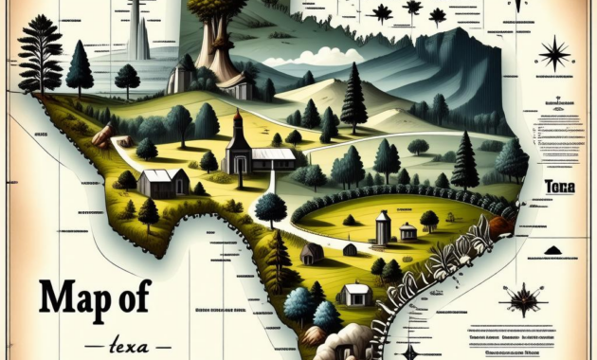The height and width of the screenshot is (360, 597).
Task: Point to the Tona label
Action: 560,188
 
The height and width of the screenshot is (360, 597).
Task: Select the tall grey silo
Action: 383,227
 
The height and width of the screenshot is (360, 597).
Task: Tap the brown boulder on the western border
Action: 102,135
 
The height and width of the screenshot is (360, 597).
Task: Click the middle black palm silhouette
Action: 411,11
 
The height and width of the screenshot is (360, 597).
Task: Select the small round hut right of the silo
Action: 407,231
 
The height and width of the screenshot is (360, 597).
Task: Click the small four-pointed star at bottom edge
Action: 410,352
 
